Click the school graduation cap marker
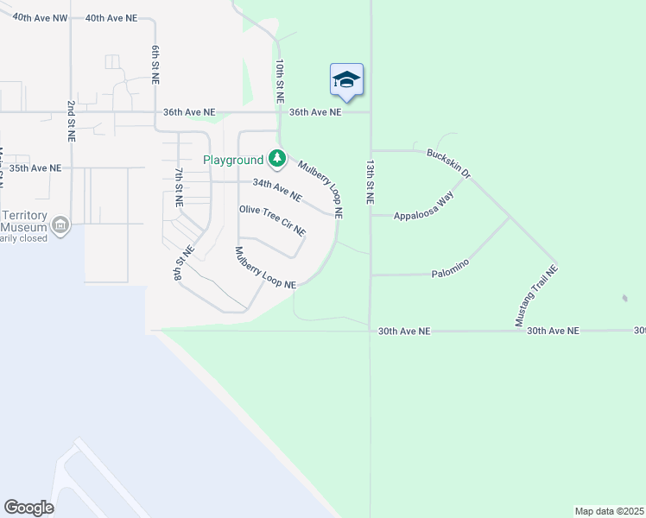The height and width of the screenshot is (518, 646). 346,80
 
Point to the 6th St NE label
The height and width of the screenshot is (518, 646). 155,65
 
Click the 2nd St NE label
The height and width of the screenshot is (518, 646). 71,120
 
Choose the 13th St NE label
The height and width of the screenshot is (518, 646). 370,181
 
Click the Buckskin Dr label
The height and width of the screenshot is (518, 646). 449,163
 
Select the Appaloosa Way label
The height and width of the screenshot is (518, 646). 424,208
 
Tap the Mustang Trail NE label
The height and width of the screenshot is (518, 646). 537,295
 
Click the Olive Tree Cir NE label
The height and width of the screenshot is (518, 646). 272,220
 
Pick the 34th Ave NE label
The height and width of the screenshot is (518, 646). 276,190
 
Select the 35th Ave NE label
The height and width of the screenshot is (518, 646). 35,167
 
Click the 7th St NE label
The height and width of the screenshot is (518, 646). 179,186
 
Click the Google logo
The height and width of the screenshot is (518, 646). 28,508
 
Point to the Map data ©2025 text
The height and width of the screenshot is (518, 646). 610,511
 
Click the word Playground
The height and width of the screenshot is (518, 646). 233,160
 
